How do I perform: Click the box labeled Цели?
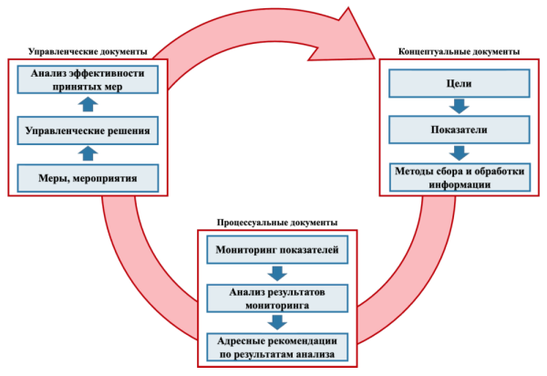pyautogui.click(x=459, y=83)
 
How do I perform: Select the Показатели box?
pyautogui.click(x=459, y=130)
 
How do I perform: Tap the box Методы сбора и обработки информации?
pyautogui.click(x=459, y=177)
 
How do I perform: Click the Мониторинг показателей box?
pyautogui.click(x=277, y=250)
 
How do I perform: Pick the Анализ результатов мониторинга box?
pyautogui.click(x=277, y=298)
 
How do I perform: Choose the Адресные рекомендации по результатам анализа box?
pyautogui.click(x=277, y=348)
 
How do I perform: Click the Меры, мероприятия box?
pyautogui.click(x=88, y=178)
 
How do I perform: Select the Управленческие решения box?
pyautogui.click(x=88, y=131)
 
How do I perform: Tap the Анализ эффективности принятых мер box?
pyautogui.click(x=88, y=79)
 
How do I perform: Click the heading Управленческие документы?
pyautogui.click(x=88, y=52)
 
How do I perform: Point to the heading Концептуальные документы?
pyautogui.click(x=459, y=52)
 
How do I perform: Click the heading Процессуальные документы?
pyautogui.click(x=277, y=223)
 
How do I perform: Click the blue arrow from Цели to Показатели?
pyautogui.click(x=459, y=106)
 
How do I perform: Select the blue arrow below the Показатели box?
pyautogui.click(x=459, y=153)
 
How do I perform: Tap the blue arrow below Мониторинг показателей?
pyautogui.click(x=277, y=274)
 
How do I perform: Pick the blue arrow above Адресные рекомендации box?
pyautogui.click(x=277, y=322)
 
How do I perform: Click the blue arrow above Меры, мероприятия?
pyautogui.click(x=88, y=153)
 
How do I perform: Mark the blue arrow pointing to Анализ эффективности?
pyautogui.click(x=88, y=104)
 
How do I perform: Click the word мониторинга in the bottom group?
pyautogui.click(x=277, y=306)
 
